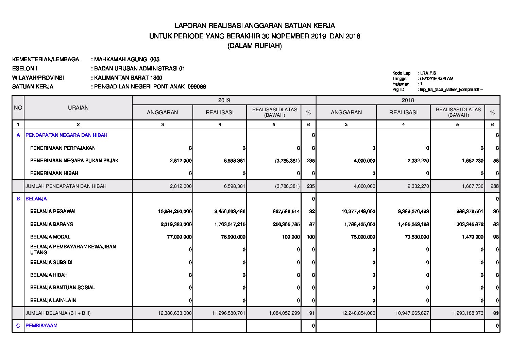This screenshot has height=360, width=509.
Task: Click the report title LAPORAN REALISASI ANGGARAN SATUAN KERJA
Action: [254, 26]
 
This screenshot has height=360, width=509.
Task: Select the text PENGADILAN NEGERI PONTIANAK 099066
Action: [150, 87]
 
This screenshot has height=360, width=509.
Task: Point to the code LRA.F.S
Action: [428, 73]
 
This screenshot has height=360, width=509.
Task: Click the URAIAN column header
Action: [78, 108]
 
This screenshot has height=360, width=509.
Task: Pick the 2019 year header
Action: [224, 100]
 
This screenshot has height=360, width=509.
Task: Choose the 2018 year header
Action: [408, 100]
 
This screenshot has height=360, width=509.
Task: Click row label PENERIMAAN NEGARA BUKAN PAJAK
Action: [74, 161]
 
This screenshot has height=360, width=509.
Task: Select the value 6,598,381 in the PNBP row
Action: [235, 161]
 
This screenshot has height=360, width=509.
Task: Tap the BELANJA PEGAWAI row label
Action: [53, 211]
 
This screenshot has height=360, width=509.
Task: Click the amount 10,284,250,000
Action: [175, 211]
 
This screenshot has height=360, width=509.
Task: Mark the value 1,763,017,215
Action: [230, 224]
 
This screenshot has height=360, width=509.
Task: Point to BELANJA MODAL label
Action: [50, 237]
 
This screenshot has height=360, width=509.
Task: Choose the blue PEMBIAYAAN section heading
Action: [41, 326]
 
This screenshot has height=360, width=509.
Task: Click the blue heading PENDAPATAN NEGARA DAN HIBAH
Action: [66, 135]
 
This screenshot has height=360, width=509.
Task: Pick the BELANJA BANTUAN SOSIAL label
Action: [63, 288]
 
